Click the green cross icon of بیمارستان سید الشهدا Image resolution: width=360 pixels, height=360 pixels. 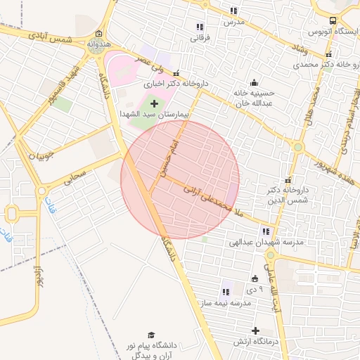(x=155, y=104)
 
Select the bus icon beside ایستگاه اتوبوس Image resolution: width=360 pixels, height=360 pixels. (x=333, y=22)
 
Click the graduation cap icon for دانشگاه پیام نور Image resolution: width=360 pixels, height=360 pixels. (x=151, y=335)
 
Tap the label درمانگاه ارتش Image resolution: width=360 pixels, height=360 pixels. (x=257, y=342)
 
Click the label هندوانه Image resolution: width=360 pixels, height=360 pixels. (x=99, y=44)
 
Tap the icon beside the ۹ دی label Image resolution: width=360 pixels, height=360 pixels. (x=254, y=280)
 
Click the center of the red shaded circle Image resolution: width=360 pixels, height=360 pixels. (x=180, y=179)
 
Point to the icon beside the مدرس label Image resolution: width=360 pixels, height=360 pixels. (x=233, y=11)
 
